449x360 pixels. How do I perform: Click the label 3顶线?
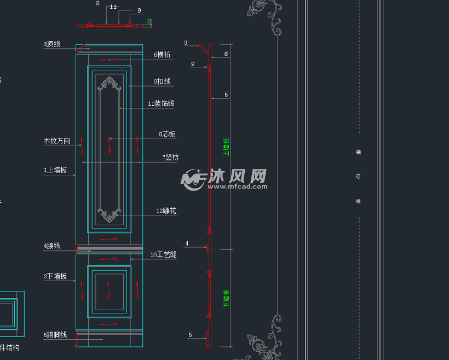click(x=52, y=44)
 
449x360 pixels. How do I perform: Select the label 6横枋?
click(x=162, y=54)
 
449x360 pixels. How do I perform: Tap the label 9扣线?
click(x=162, y=82)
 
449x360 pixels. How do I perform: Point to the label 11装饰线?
click(x=161, y=104)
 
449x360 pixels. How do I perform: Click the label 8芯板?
click(x=167, y=134)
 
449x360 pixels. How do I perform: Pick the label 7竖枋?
click(x=170, y=157)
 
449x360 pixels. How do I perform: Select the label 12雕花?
click(x=166, y=211)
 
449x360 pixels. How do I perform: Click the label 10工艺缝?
click(x=163, y=255)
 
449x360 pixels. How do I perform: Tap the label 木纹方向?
click(x=57, y=141)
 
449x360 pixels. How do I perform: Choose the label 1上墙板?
click(x=55, y=170)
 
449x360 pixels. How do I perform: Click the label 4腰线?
click(x=52, y=246)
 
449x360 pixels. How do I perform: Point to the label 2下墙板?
click(x=55, y=277)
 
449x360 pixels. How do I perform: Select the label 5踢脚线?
click(x=55, y=335)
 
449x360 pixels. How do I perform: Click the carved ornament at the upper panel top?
click(x=110, y=83)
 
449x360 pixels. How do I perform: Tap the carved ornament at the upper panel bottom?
click(x=110, y=214)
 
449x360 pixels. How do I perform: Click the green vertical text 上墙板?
click(x=226, y=146)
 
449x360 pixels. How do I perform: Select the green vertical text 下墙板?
click(x=226, y=298)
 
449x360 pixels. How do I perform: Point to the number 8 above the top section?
click(x=97, y=3)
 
